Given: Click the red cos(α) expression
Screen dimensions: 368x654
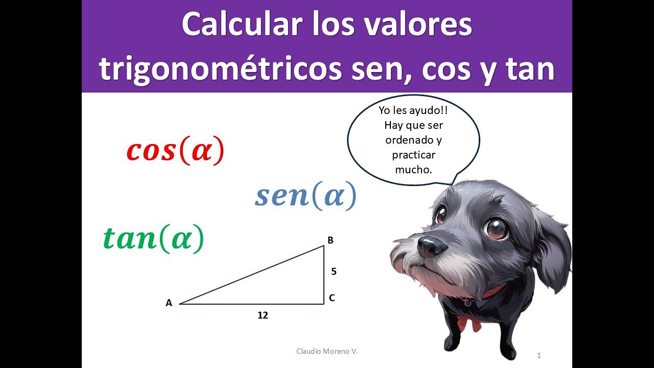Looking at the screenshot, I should click(175, 150).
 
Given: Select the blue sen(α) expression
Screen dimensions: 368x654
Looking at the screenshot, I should click(305, 196).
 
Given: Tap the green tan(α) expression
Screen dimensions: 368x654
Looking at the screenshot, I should click(153, 238).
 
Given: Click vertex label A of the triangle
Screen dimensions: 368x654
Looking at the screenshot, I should click(169, 303).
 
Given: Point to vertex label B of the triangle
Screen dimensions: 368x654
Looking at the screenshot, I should click(331, 240).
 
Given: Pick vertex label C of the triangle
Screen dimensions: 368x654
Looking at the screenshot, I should click(332, 298).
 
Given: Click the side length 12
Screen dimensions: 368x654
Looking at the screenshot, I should click(263, 315).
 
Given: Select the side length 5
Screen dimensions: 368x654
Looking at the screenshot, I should click(334, 271).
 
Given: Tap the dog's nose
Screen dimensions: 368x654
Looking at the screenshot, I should click(432, 246).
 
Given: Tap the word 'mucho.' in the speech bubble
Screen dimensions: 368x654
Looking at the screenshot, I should click(413, 169).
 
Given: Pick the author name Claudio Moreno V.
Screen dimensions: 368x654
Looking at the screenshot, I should click(327, 351).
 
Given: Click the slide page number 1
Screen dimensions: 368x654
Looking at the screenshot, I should click(539, 355).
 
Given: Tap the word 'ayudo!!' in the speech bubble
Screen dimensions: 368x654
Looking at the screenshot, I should click(431, 110).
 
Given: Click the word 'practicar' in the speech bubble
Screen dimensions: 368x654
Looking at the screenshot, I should click(413, 154).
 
